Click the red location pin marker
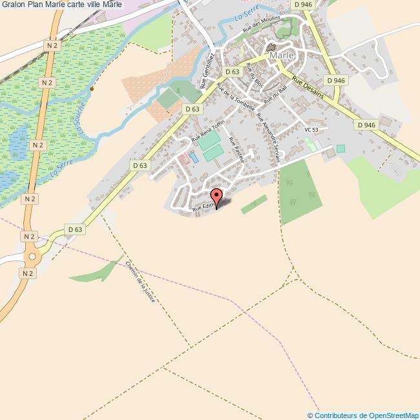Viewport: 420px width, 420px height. (x=216, y=196)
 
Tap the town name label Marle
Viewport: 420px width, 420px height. (x=282, y=56)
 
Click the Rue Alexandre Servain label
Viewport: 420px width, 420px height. (x=269, y=132)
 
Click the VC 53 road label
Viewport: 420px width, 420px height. (x=312, y=130)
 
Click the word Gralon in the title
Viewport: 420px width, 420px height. (x=13, y=6)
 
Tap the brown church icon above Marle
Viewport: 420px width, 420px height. (x=270, y=47)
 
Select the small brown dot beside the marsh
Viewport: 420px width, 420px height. (x=92, y=89)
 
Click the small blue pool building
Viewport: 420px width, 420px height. (x=193, y=157)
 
